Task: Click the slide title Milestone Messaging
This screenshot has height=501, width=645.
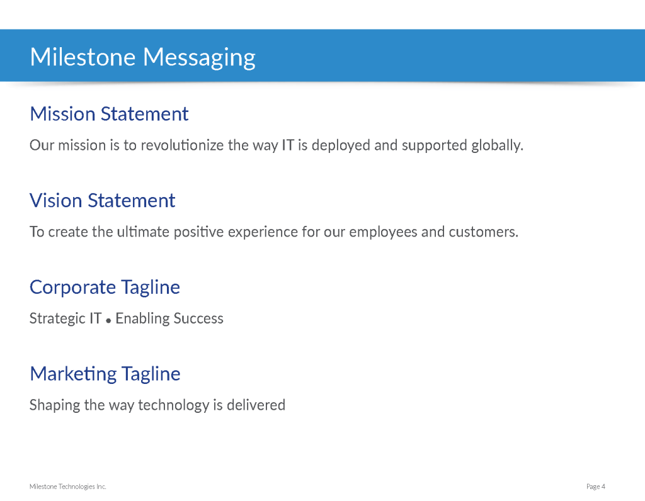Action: tap(142, 57)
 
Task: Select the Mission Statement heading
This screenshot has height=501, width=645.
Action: tap(109, 114)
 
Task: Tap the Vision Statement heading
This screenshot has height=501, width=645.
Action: tap(103, 201)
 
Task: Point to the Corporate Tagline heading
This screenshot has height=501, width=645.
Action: tap(105, 288)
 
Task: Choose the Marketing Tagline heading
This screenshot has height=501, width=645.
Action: tap(105, 374)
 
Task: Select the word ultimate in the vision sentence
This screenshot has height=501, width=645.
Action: tap(143, 232)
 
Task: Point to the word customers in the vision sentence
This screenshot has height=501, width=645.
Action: tap(483, 232)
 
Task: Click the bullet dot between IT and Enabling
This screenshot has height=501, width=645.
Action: tap(108, 320)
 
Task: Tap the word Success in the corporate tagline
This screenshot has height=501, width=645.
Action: tap(198, 318)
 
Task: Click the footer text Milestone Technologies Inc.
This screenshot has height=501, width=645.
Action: tap(68, 487)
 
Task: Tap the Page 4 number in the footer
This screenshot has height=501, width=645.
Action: tap(596, 487)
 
